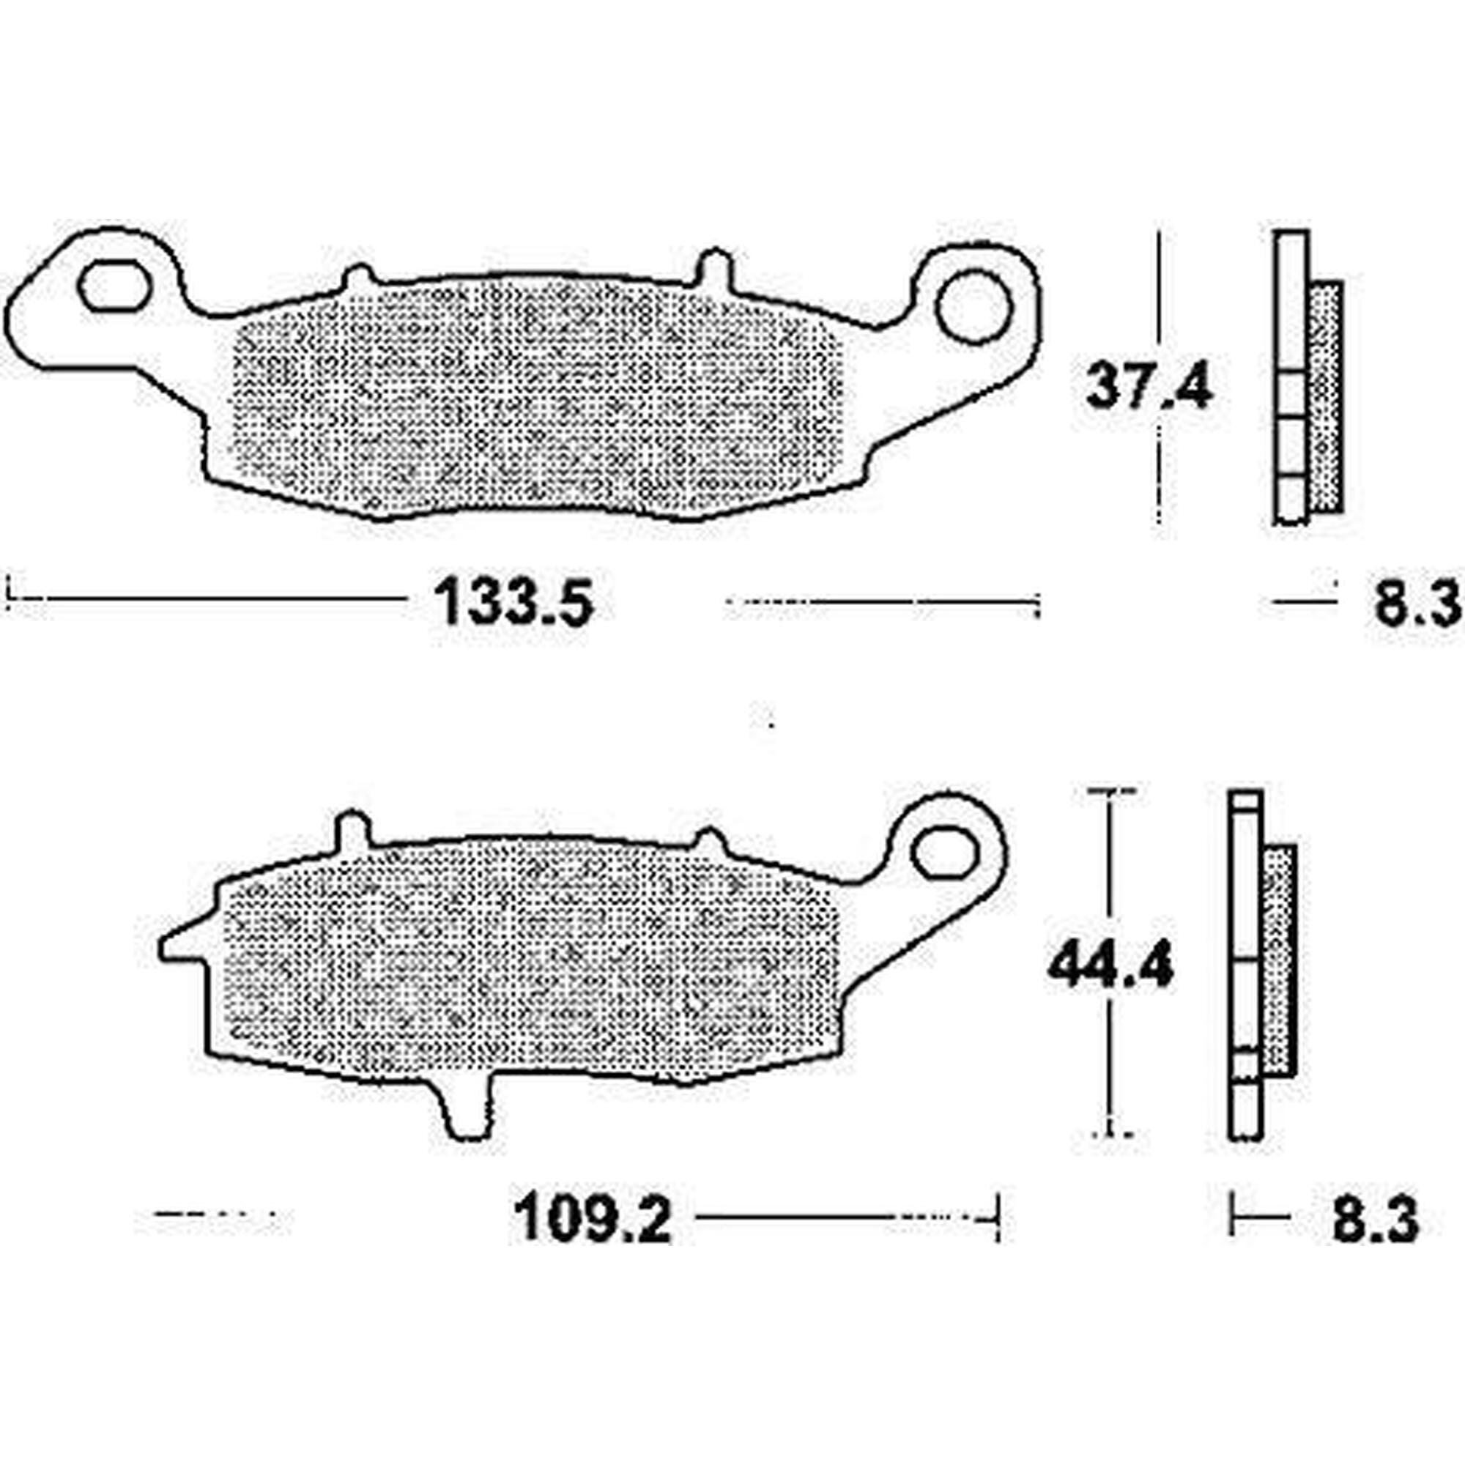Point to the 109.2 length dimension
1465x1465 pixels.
(594, 1221)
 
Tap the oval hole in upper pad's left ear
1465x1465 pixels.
(114, 286)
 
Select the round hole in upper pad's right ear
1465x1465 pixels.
(974, 306)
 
